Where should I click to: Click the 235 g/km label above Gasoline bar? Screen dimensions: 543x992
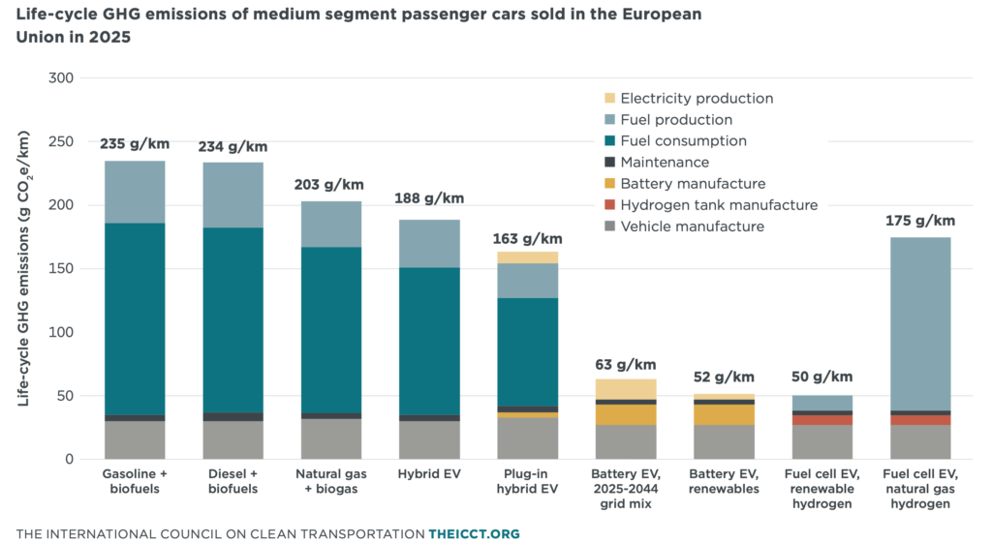tap(135, 144)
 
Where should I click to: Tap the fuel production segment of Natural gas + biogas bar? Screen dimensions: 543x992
tap(330, 224)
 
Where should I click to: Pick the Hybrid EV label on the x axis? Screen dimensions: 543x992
tap(429, 474)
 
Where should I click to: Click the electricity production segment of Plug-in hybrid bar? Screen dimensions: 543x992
tap(527, 257)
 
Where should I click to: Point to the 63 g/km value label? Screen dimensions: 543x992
tap(625, 365)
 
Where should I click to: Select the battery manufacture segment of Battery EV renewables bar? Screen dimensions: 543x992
tap(723, 414)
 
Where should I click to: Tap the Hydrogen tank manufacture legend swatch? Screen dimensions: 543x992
tap(608, 205)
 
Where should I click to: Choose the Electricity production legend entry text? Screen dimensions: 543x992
tap(697, 99)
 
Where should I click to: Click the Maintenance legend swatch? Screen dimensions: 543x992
tap(608, 163)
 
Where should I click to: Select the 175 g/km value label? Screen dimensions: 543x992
tap(919, 221)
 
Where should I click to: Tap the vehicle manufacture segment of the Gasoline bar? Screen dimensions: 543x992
tap(135, 440)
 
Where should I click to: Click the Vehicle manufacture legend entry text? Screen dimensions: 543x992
tap(692, 226)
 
